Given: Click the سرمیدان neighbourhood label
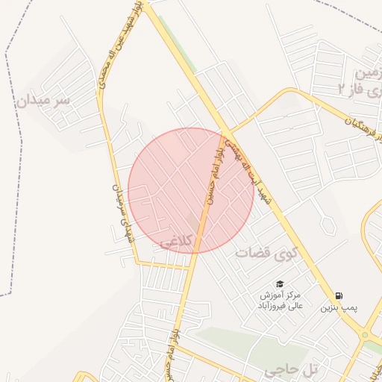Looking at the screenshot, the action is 43,101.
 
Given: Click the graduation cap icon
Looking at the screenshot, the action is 280,284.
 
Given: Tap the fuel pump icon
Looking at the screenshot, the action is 340,295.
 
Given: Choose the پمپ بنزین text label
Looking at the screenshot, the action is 339,307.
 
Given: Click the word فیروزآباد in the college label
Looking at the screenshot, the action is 273,305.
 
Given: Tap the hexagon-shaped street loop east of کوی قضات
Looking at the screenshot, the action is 326,223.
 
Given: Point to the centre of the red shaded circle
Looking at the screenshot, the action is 191,190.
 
